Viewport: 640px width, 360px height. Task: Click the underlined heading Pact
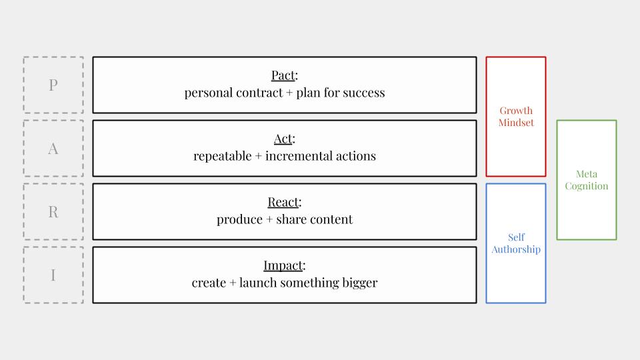[x=283, y=75]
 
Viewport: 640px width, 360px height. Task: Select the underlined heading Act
[x=283, y=139]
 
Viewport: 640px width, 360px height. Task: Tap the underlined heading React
[x=283, y=202]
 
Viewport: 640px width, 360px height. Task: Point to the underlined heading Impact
[x=283, y=265]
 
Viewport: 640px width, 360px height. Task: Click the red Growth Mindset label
[x=516, y=117]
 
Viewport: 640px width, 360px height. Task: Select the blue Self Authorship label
[x=516, y=243]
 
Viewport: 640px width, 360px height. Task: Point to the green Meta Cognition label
[x=587, y=180]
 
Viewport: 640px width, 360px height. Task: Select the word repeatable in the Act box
[x=223, y=156]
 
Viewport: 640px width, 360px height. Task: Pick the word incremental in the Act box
[x=299, y=156]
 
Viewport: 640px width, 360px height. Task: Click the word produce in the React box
[x=239, y=219]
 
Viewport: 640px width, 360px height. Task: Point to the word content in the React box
[x=333, y=219]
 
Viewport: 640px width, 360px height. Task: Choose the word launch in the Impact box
[x=258, y=283]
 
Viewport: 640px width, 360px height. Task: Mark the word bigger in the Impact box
[x=359, y=283]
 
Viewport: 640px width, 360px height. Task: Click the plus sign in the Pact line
[x=289, y=93]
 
